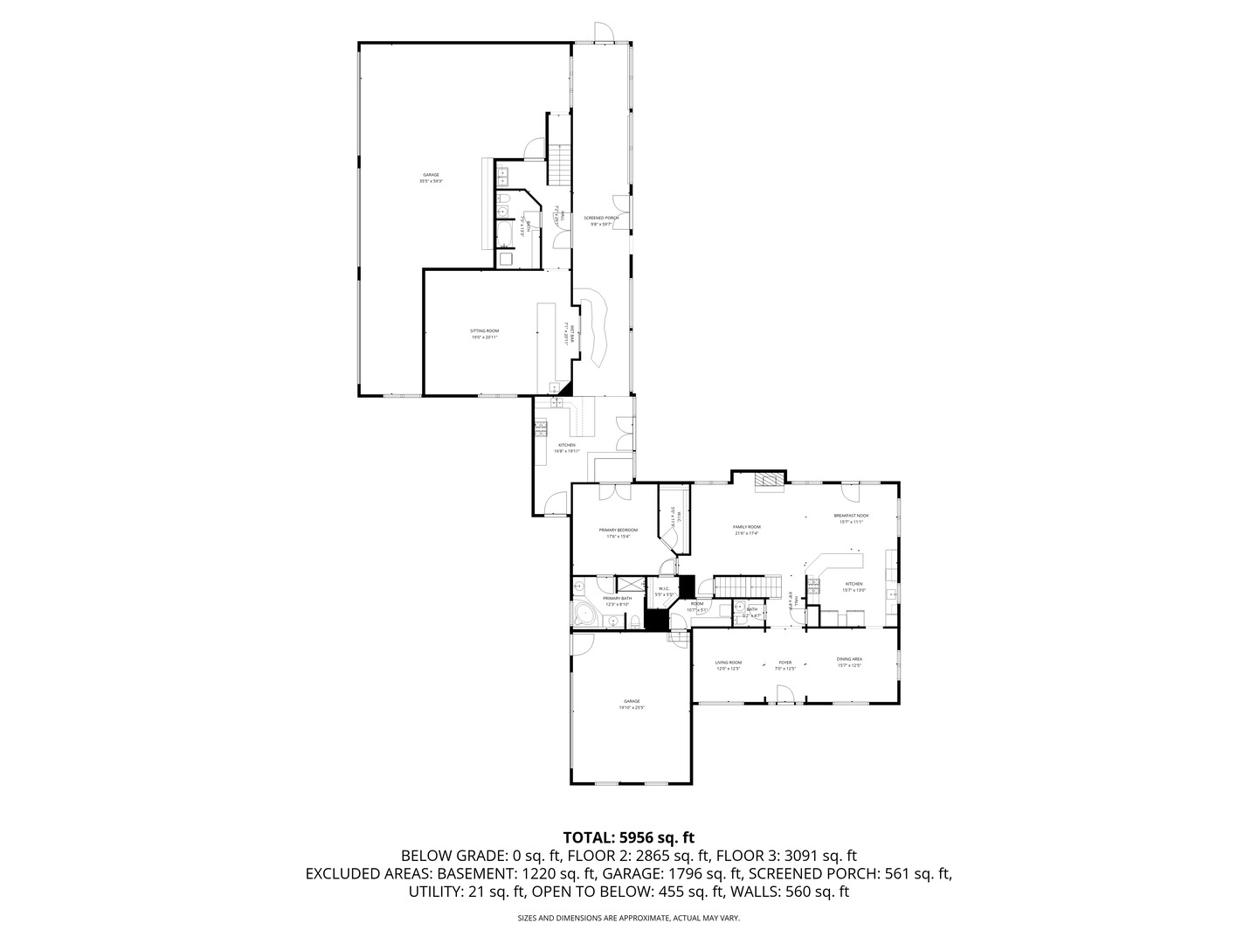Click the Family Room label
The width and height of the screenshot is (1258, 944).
pos(746,530)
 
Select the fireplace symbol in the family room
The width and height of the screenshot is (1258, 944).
pos(769,481)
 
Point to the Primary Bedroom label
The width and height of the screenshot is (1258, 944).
pos(618,533)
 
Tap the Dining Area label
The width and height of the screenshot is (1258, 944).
pos(849,662)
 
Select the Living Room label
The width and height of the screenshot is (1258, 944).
pos(729,665)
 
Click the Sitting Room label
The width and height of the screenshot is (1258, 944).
pos(485,334)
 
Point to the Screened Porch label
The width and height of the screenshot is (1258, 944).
pos(601,220)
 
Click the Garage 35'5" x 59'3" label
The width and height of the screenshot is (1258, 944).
pos(431,177)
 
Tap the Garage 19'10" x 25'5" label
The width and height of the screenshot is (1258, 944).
pos(632,704)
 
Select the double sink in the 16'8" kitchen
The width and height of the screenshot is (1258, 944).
pos(555,402)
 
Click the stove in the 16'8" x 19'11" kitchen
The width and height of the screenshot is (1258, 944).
pos(541,427)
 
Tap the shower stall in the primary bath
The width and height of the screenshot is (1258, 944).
pos(629,584)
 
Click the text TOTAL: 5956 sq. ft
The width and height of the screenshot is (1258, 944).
pos(628,836)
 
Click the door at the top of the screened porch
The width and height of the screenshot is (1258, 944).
pos(603,32)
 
